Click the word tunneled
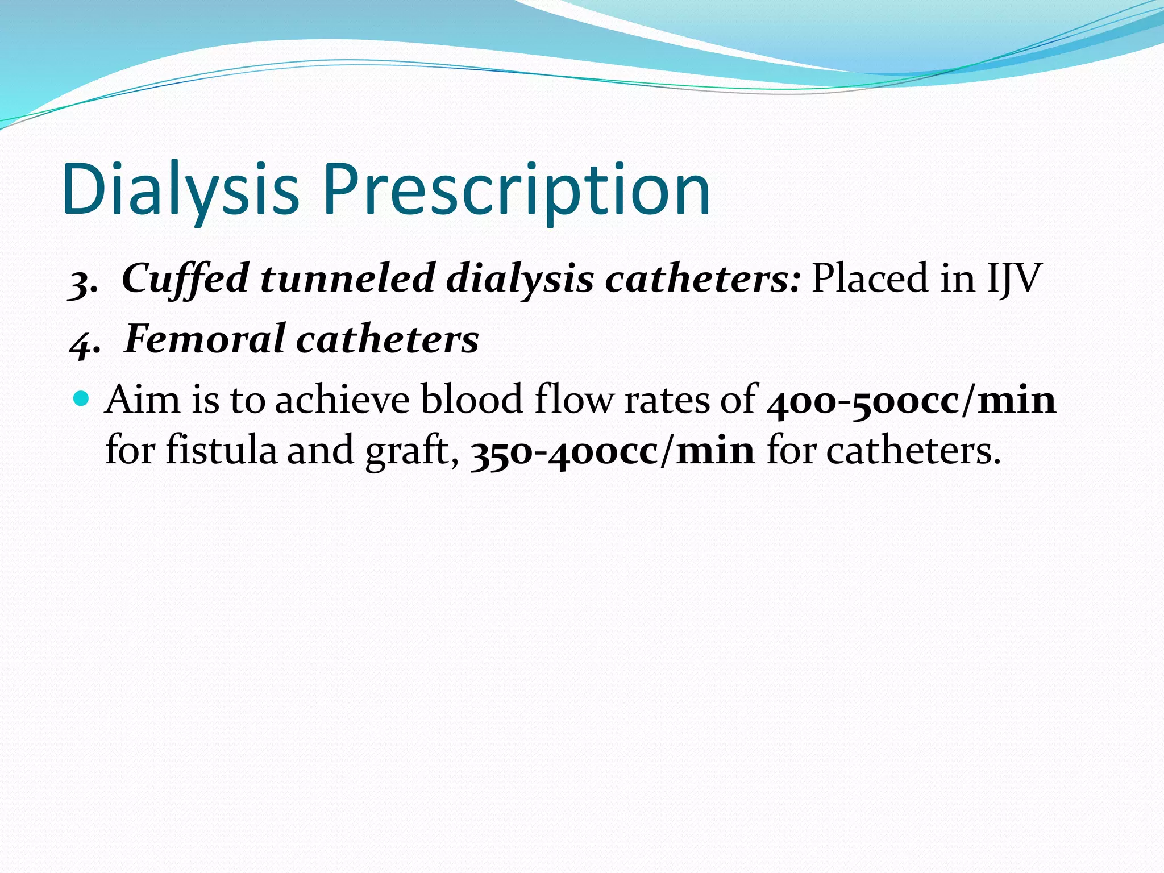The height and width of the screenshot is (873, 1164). click(x=347, y=278)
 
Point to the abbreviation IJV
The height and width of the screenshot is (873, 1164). click(x=1014, y=278)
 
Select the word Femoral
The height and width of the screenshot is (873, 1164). click(x=205, y=339)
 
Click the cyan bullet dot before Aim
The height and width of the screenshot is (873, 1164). click(x=82, y=397)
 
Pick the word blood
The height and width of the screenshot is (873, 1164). click(x=471, y=399)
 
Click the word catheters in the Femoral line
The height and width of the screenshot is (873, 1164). click(x=388, y=339)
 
